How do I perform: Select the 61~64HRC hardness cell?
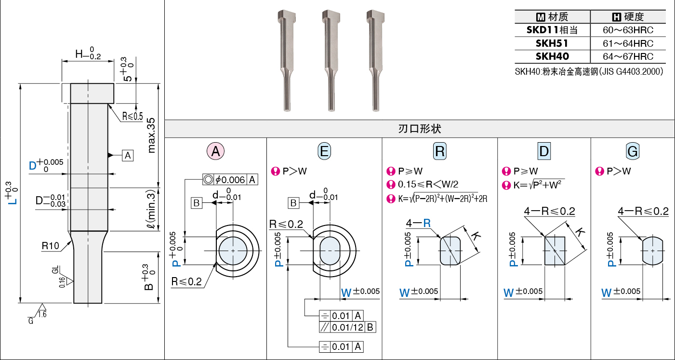[x=628, y=43]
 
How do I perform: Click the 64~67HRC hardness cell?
[x=628, y=56]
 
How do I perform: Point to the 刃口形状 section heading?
[x=420, y=129]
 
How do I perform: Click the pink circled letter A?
[x=216, y=151]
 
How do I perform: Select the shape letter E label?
[x=325, y=151]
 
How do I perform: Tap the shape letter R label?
[x=440, y=151]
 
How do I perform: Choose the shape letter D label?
[x=544, y=151]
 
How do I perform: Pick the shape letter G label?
[x=633, y=151]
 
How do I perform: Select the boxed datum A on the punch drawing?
[x=128, y=155]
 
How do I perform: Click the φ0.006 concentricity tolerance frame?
[x=230, y=180]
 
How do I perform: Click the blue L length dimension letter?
[x=14, y=198]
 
